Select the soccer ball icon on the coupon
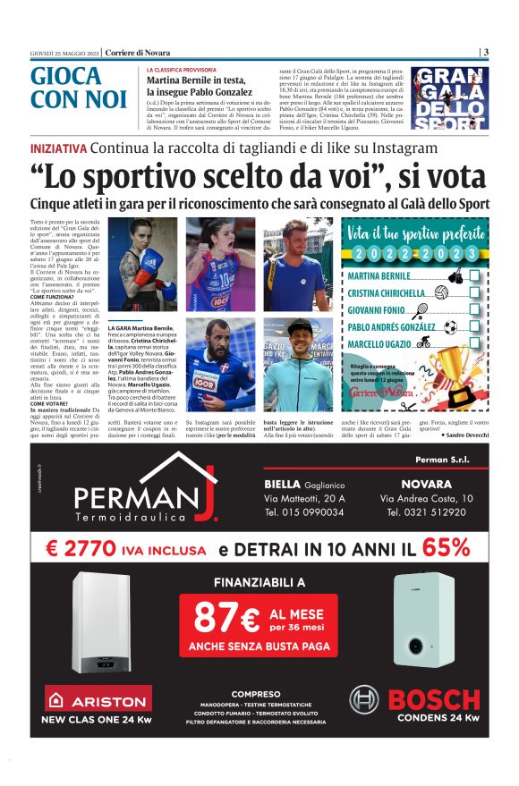(x=449, y=326)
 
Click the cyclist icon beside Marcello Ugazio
(x=423, y=342)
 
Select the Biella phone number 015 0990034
(x=304, y=512)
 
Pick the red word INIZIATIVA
(x=58, y=148)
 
